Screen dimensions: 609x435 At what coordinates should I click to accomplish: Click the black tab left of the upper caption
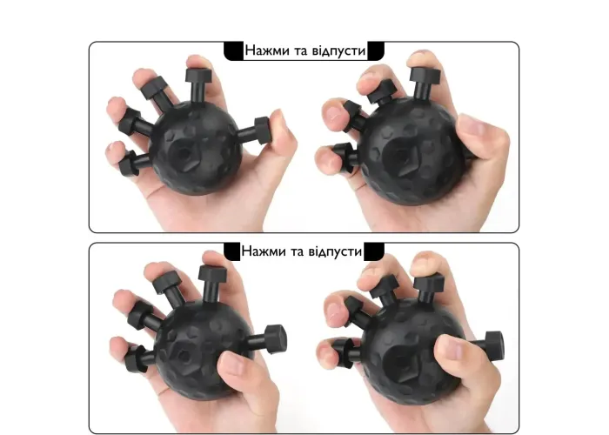point(233,51)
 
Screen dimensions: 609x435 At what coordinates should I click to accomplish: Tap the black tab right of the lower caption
point(374,251)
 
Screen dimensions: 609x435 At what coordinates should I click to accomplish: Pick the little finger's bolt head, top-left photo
point(129,164)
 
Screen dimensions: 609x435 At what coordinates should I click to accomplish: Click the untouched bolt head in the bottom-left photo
point(276,339)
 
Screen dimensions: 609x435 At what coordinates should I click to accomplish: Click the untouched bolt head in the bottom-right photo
point(494,345)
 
